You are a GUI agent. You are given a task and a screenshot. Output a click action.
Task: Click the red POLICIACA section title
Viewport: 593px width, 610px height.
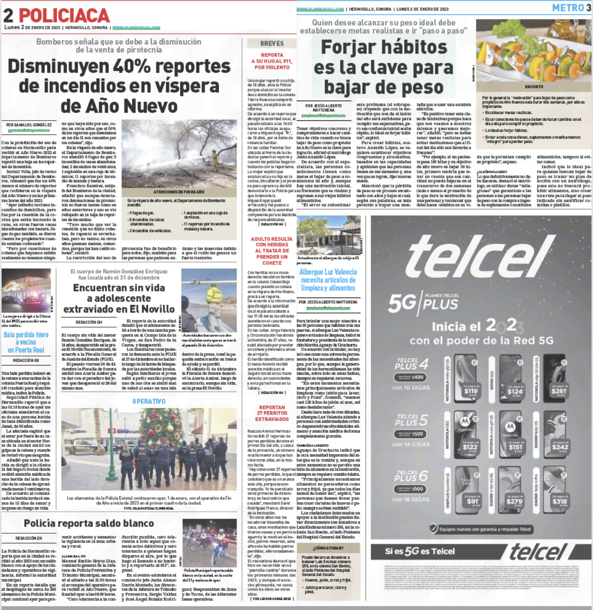[x=64, y=16]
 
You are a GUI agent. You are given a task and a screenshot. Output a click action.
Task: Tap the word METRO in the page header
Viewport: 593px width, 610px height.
[x=568, y=8]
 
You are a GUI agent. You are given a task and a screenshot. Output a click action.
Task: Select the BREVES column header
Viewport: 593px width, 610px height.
[x=272, y=43]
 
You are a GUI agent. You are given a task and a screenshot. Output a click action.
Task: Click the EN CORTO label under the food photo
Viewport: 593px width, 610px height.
[x=534, y=86]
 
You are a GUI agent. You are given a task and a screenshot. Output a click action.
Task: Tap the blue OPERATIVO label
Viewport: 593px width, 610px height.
[x=149, y=401]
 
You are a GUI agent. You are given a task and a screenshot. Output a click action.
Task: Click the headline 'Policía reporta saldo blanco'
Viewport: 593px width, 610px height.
[x=89, y=523]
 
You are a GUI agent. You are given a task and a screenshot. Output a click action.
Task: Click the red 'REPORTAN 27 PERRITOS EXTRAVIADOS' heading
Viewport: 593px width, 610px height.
[x=272, y=413]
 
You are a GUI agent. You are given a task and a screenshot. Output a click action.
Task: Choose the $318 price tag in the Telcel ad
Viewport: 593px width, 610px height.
[x=559, y=502]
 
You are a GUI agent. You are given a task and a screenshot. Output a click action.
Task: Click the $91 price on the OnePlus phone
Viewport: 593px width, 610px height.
[x=472, y=502]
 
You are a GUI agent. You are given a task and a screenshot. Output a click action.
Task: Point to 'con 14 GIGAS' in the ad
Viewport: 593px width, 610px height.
[x=411, y=444]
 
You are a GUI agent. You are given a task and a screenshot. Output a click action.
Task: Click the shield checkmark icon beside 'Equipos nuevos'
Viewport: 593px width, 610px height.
[x=433, y=529]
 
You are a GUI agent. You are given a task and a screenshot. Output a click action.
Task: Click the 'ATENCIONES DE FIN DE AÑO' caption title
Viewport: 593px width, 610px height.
[x=179, y=192]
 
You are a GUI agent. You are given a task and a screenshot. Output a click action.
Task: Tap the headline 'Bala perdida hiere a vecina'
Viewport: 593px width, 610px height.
[x=26, y=342]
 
